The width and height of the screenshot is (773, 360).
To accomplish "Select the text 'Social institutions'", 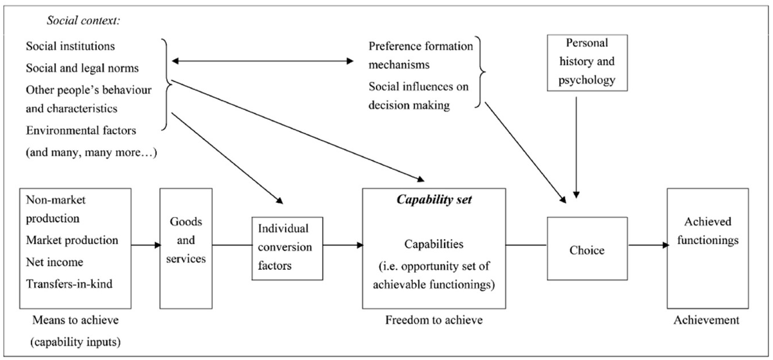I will pyautogui.click(x=72, y=46).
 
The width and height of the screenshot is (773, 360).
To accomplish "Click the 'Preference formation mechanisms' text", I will pyautogui.click(x=421, y=55).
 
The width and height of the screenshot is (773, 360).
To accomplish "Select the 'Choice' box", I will pyautogui.click(x=587, y=250).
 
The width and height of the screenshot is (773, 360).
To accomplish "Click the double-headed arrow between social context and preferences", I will pyautogui.click(x=261, y=62).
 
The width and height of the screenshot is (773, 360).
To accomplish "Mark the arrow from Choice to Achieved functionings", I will pyautogui.click(x=647, y=245).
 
